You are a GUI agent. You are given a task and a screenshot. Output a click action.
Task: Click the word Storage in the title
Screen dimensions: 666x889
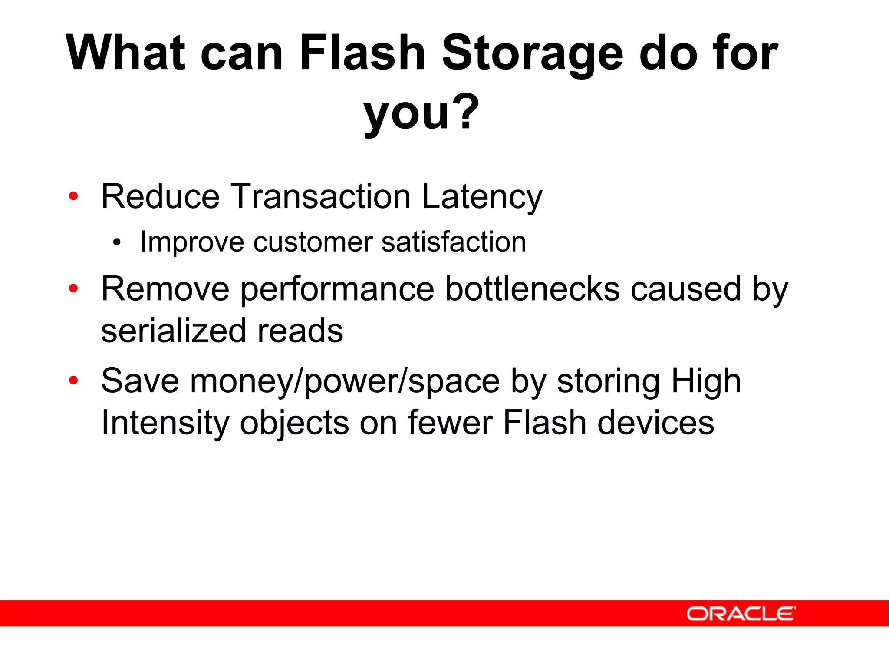click(x=533, y=53)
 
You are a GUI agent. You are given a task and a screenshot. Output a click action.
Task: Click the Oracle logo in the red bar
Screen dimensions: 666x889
click(x=741, y=614)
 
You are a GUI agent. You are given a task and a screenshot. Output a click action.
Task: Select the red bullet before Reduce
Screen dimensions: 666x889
click(x=73, y=196)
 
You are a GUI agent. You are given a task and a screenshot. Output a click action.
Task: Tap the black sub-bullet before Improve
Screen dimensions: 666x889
click(x=116, y=242)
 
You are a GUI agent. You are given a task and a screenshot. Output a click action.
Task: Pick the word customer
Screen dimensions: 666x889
click(x=313, y=242)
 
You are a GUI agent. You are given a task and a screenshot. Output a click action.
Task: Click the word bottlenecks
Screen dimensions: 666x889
click(x=532, y=289)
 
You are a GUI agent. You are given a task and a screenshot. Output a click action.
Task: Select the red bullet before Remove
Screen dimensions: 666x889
click(x=73, y=288)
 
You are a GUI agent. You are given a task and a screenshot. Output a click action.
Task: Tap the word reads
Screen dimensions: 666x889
click(x=300, y=331)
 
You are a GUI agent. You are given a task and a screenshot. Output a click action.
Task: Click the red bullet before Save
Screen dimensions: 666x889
click(x=73, y=380)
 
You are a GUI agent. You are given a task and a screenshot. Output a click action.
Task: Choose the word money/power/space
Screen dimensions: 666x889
click(x=345, y=381)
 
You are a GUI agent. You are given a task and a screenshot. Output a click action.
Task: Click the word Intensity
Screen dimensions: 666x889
click(x=165, y=423)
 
